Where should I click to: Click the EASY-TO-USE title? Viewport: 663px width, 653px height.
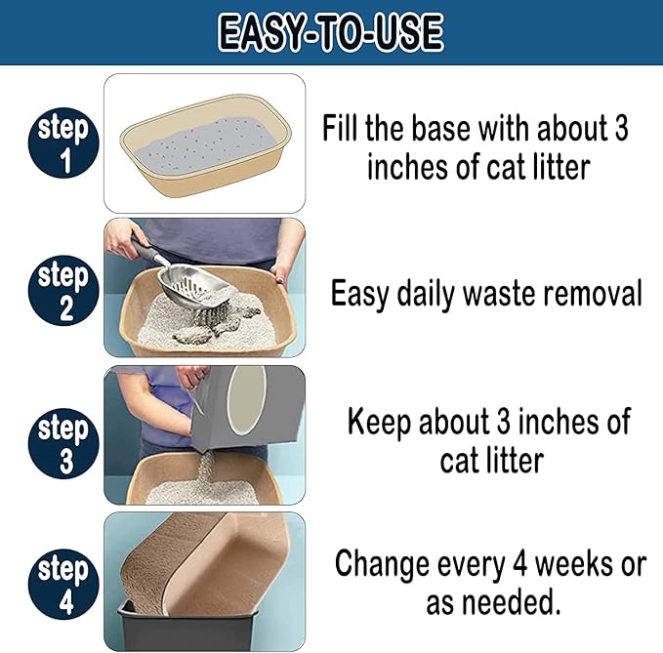click(x=331, y=32)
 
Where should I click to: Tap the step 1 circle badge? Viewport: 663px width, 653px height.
click(x=63, y=143)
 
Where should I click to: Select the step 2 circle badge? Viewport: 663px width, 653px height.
click(x=63, y=290)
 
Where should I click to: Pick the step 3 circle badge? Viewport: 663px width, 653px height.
click(x=63, y=443)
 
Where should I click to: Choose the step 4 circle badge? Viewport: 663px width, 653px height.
click(x=63, y=584)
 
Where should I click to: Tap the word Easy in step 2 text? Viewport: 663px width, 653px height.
click(x=360, y=295)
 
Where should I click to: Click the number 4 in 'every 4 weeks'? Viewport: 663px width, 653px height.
click(x=520, y=564)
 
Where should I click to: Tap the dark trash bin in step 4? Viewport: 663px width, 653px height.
click(x=189, y=626)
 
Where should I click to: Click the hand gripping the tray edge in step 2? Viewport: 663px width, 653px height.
click(x=280, y=273)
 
